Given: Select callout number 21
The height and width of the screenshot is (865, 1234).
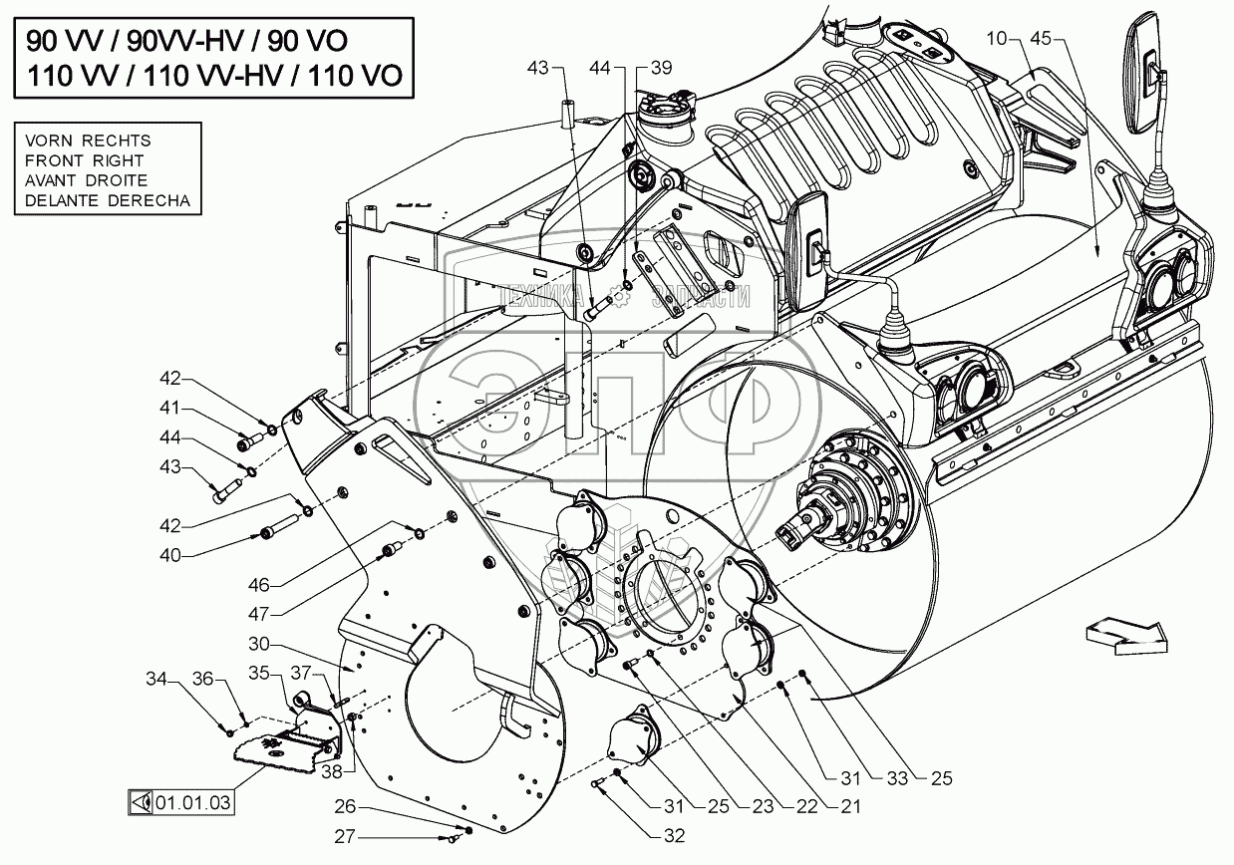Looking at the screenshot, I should [x=848, y=805].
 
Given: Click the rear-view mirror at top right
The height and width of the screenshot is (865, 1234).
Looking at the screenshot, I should [x=1144, y=75].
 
